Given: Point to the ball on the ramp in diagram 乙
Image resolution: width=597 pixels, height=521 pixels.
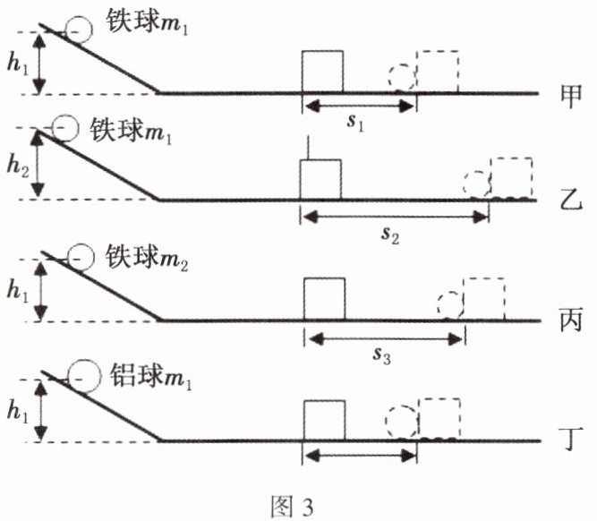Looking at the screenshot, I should coord(65,129).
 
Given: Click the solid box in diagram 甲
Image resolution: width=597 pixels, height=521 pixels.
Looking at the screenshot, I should coord(322,72).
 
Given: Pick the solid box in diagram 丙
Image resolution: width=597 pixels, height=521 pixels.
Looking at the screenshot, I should coord(324,299).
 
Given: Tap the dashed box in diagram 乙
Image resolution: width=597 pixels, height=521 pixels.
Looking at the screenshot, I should coord(511,178).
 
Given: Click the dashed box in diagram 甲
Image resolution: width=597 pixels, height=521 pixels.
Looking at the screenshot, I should coord(438,72).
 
